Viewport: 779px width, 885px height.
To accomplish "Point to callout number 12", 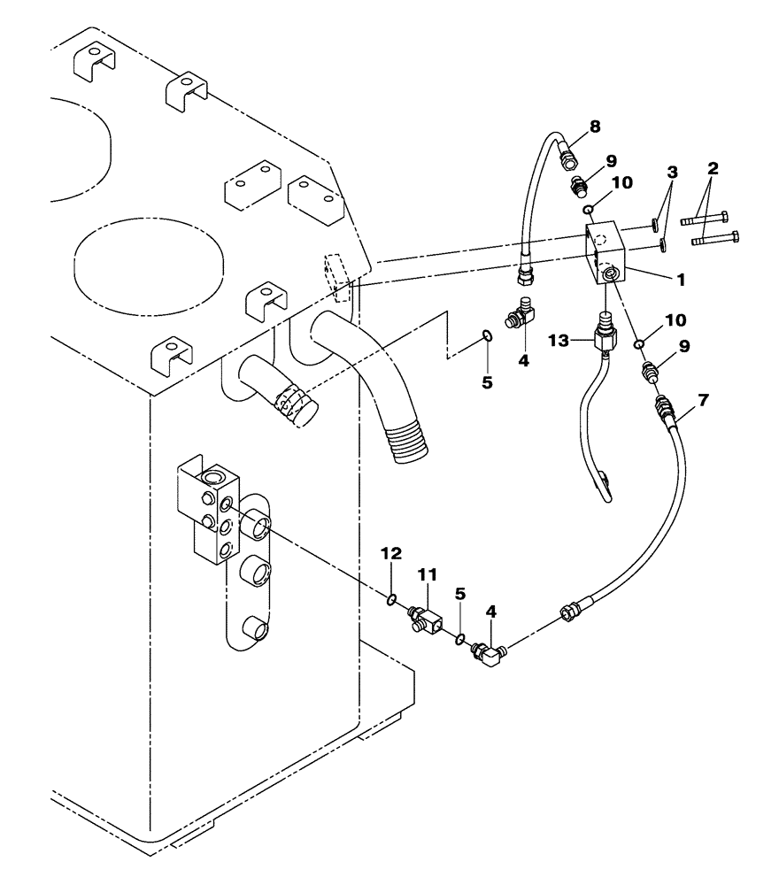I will click(x=390, y=553).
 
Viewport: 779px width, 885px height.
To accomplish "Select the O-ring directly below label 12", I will click(x=389, y=601).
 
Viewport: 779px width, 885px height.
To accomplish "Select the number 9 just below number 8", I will click(x=586, y=161).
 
